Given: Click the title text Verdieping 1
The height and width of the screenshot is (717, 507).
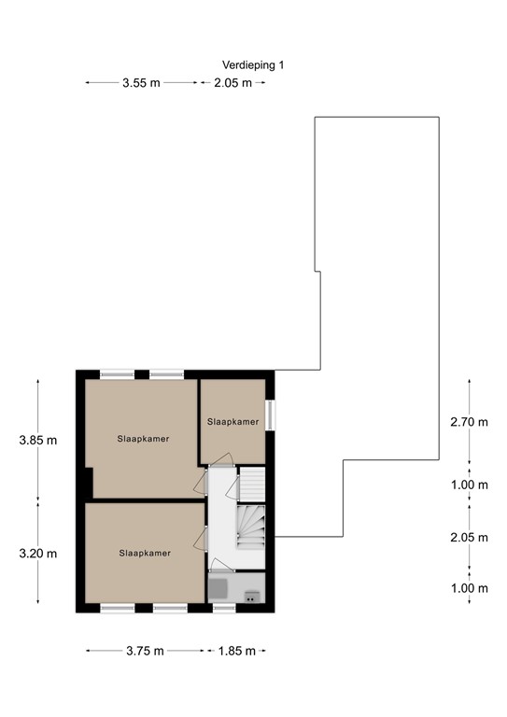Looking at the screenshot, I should (253, 64).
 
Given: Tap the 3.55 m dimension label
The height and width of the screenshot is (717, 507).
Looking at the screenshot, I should (141, 83).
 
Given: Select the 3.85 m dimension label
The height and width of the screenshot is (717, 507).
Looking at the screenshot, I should (37, 440).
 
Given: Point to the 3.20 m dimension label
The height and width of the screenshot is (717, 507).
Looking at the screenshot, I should (37, 553).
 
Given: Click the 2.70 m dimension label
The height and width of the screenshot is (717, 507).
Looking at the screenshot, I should (469, 422).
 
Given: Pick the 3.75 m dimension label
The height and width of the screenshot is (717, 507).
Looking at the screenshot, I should (145, 651).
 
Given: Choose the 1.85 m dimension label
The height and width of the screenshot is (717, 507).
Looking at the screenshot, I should (236, 651).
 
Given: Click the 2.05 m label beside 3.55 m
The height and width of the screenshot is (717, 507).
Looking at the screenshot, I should (232, 83).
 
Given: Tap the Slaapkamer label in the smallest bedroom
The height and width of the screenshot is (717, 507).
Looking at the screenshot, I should (232, 422).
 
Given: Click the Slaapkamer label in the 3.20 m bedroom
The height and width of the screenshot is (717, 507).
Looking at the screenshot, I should (145, 553).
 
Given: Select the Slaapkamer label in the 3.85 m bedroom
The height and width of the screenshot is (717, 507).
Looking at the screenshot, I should (143, 439).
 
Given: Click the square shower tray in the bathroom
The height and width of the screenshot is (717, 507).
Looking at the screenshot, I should (218, 587).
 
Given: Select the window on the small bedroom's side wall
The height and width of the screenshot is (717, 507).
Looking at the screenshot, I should (270, 415).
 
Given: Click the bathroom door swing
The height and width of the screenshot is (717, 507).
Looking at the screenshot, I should (218, 563).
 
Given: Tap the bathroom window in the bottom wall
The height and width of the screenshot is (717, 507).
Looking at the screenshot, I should (224, 608).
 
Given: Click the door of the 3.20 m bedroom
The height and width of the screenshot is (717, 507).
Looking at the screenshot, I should (200, 539).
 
